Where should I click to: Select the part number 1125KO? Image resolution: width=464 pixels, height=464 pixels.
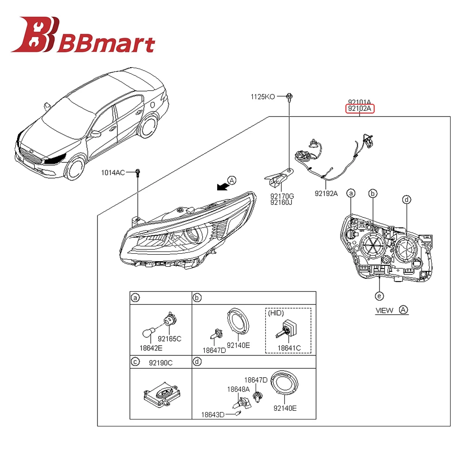(263, 97)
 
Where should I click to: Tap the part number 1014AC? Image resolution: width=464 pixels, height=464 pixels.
(114, 173)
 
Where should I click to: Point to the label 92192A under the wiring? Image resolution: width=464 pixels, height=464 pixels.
(326, 193)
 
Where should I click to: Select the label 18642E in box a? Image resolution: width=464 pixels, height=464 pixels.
(151, 348)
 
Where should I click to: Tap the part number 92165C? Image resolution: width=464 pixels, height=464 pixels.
(170, 339)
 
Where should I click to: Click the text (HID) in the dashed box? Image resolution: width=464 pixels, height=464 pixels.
(276, 313)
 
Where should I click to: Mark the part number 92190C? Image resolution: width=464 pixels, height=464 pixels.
(161, 363)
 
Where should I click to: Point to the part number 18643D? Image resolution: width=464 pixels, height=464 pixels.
(213, 414)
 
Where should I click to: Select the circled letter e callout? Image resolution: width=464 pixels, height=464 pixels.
(379, 296)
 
